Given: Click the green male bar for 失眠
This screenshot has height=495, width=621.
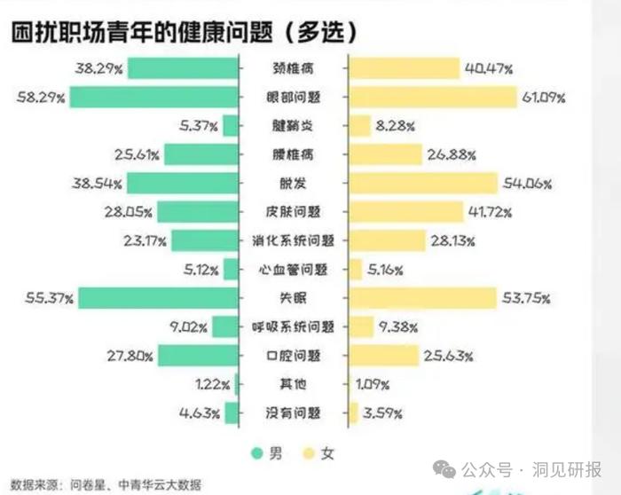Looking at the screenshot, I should [x=159, y=298].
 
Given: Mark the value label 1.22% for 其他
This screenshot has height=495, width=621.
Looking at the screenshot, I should [x=214, y=384].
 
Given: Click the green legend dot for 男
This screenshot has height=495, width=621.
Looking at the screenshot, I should [x=258, y=453].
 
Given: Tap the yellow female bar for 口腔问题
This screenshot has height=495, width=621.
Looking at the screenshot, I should [x=384, y=356].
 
